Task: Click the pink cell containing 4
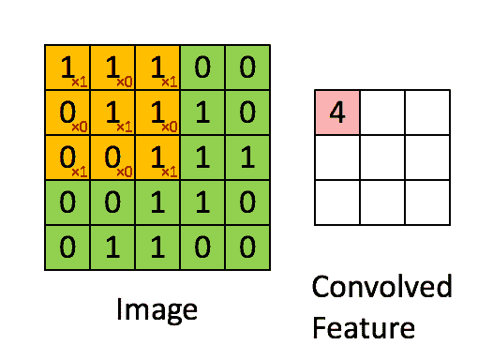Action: pos(337,112)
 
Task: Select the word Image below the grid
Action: pos(157,309)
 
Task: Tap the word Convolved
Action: pos(381,287)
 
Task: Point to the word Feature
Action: pos(364,328)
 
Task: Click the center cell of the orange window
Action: pos(112,112)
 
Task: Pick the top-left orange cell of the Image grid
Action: pos(67,67)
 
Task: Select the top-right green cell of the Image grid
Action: pos(248,67)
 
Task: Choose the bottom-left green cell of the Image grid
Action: pos(67,247)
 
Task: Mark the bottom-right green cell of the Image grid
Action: pos(248,247)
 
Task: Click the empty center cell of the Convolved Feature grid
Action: pos(382,157)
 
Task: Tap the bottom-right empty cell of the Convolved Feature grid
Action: pos(427,202)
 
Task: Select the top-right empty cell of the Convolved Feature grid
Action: pos(427,112)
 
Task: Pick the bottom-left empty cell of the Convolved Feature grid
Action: pos(337,202)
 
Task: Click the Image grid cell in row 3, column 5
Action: pos(248,157)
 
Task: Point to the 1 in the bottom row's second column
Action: pos(112,247)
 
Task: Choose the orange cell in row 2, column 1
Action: pos(67,112)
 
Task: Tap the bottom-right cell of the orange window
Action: pos(157,157)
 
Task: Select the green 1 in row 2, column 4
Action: pos(203,112)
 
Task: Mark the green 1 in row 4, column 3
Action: pos(157,202)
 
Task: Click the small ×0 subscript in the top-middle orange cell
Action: pos(124,81)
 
